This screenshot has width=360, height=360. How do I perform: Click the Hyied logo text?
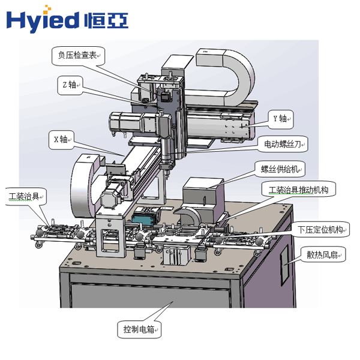42,20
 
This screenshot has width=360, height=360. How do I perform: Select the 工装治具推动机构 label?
298,190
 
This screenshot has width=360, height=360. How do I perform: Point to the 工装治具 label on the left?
26,196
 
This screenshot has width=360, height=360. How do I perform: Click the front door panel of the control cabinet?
150,306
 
